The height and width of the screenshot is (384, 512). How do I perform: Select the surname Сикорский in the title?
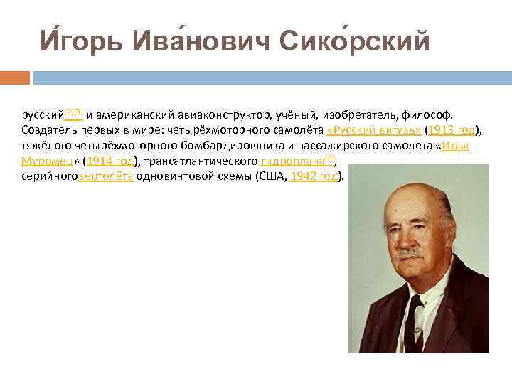pos(356,42)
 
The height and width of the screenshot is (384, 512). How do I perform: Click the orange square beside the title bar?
pos(15,77)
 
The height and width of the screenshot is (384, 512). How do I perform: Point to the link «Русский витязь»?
pos(373,130)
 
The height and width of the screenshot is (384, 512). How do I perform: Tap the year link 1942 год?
pos(315,176)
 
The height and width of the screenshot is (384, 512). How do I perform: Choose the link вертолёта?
pos(105,176)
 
